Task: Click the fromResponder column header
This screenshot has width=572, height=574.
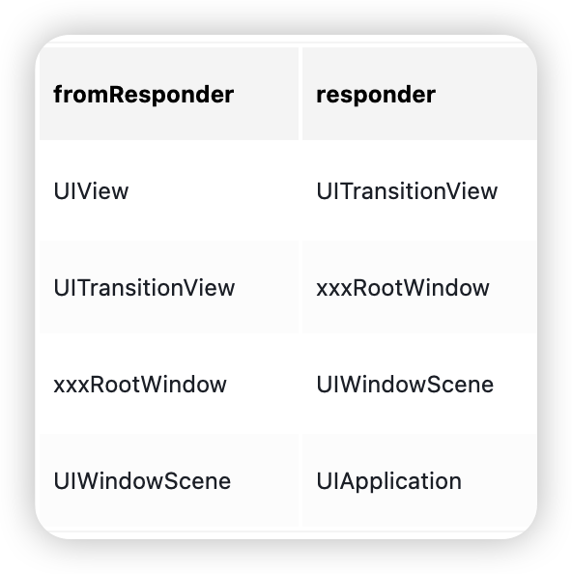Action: (143, 95)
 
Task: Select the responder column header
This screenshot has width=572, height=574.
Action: (376, 95)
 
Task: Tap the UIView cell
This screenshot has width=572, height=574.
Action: (91, 191)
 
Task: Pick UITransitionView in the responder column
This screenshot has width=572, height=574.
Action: (407, 191)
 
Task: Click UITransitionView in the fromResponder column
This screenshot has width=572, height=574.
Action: (144, 288)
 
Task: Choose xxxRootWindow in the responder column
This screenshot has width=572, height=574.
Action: (403, 288)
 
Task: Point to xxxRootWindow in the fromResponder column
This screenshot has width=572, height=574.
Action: (140, 385)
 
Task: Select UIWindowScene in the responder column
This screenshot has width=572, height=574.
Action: (405, 385)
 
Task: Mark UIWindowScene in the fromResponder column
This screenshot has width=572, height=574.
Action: (142, 481)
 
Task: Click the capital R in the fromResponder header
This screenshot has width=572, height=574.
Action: (117, 94)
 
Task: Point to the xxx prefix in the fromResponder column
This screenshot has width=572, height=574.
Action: (71, 387)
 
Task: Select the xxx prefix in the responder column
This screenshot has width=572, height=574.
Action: (334, 290)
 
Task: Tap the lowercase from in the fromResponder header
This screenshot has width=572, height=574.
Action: (81, 94)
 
